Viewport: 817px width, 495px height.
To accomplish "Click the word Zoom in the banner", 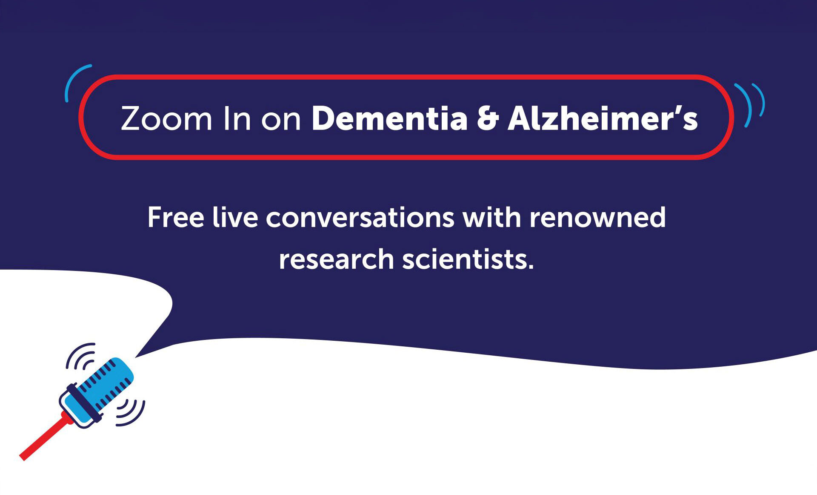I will click(x=166, y=118).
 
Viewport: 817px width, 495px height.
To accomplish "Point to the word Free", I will click(x=176, y=218).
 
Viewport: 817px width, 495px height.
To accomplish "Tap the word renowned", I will click(x=597, y=218).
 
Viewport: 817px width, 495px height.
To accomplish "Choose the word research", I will click(x=336, y=259).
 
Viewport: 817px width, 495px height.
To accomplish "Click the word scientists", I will click(x=468, y=259).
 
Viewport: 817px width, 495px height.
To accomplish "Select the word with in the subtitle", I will click(x=491, y=218).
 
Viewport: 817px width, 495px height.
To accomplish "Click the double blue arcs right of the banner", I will click(x=751, y=104).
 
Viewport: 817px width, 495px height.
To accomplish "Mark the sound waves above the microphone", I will click(x=81, y=356).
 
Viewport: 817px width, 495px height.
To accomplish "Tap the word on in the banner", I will click(x=281, y=119).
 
